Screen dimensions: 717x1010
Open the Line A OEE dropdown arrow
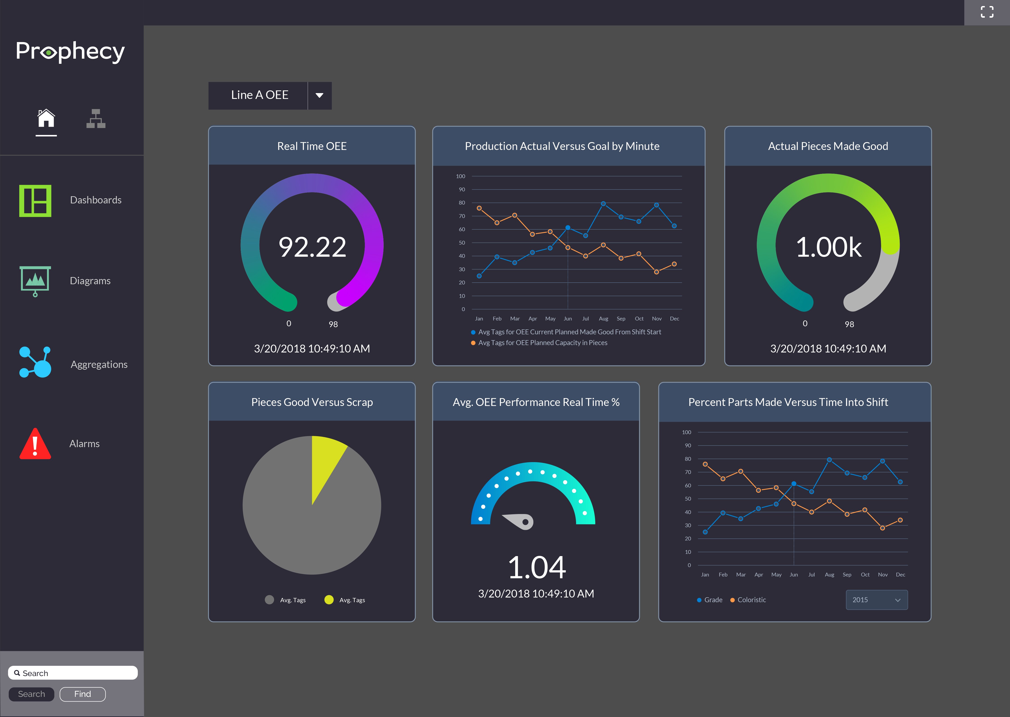[319, 95]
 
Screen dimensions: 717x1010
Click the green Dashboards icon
[35, 201]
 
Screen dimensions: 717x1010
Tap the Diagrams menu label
[90, 281]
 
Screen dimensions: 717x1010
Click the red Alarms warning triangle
[35, 444]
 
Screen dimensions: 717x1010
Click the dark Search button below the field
[31, 694]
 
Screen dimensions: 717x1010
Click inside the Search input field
[73, 673]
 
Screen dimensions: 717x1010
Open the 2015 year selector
[876, 600]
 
